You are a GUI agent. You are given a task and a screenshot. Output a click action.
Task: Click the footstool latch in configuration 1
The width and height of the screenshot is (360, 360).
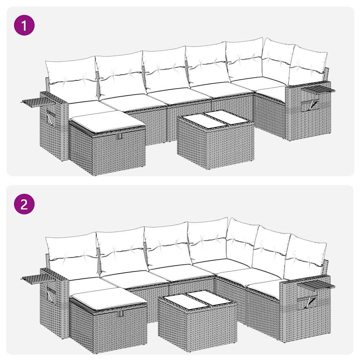point(120,136)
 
